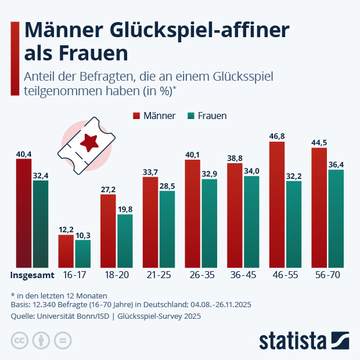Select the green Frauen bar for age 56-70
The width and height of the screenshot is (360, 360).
336,218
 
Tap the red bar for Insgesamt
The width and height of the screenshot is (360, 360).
24,213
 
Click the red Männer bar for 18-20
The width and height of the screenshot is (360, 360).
108,231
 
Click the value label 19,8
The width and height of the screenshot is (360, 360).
125,209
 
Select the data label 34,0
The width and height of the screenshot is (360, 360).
252,171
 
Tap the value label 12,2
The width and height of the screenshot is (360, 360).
66,229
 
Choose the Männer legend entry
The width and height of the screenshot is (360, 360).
154,116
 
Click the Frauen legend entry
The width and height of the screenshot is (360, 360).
206,116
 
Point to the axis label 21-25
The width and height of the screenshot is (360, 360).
159,274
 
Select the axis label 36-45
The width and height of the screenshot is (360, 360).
243,274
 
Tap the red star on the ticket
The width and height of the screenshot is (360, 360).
90,141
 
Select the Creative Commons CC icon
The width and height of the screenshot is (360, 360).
19,340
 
